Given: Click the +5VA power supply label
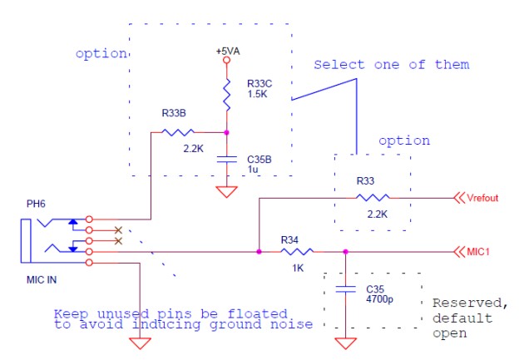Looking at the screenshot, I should (x=226, y=51).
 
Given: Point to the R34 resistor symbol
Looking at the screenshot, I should (x=296, y=250).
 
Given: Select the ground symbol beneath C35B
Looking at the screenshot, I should (x=226, y=192).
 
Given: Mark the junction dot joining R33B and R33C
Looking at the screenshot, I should (x=226, y=131).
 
